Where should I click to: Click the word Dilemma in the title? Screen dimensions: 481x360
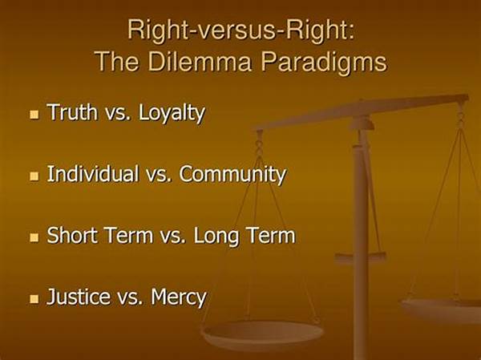click(200, 62)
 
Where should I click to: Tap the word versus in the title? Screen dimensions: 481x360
click(234, 30)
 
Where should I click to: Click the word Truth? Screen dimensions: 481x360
click(72, 111)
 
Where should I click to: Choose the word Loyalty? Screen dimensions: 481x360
click(172, 114)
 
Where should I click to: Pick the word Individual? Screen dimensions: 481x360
click(93, 173)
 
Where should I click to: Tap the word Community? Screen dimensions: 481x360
click(232, 175)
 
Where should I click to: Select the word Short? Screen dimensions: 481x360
click(72, 235)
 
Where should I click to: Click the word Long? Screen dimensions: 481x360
click(216, 237)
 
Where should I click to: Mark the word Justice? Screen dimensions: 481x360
click(78, 297)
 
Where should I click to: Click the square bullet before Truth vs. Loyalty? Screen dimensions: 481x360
click(34, 115)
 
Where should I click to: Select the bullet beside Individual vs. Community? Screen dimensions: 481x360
click(34, 176)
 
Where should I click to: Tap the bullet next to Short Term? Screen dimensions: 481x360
click(34, 237)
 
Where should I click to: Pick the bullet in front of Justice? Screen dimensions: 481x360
click(34, 299)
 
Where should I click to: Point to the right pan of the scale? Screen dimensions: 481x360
click(442, 310)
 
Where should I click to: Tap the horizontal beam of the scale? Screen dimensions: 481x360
click(362, 112)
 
